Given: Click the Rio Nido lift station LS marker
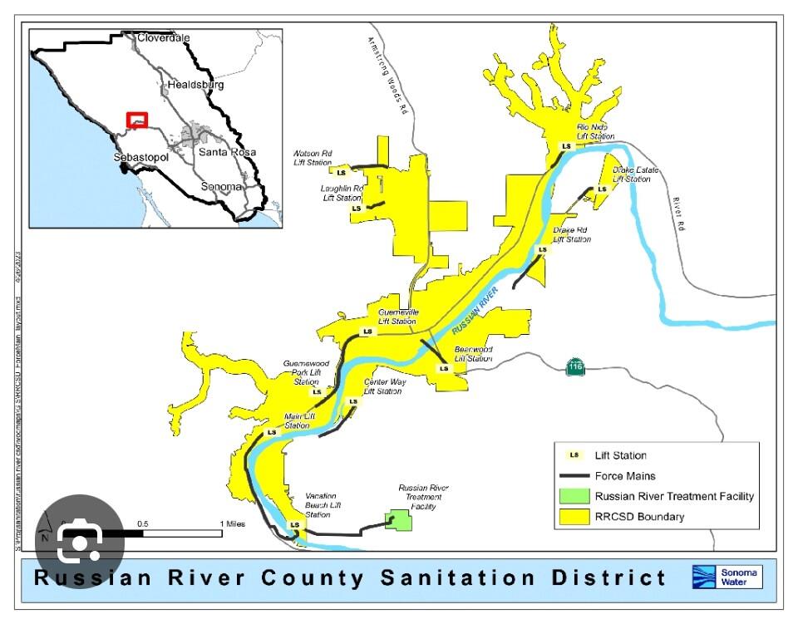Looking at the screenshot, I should click(x=567, y=146).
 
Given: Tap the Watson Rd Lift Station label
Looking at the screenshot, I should click(x=313, y=158).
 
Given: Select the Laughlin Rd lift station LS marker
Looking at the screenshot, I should click(x=356, y=208).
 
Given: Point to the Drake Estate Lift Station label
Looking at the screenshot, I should click(x=636, y=174).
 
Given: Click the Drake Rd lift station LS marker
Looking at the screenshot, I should click(x=543, y=249).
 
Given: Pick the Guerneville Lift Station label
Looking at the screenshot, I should click(x=397, y=317).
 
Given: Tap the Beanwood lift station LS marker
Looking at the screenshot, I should click(x=444, y=368).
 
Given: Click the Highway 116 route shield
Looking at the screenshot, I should click(x=574, y=366).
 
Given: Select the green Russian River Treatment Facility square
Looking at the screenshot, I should click(x=400, y=520).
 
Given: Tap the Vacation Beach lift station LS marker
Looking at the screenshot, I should click(x=294, y=525).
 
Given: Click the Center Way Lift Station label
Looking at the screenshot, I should click(x=384, y=386).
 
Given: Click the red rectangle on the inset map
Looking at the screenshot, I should click(x=136, y=120).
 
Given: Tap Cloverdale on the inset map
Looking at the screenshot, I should click(x=164, y=38).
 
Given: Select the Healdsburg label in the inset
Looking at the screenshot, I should click(x=195, y=85).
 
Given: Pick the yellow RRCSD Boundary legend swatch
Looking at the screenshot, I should click(x=574, y=517).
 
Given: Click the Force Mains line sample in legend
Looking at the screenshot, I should click(x=574, y=476).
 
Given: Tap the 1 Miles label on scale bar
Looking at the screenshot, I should click(x=233, y=523).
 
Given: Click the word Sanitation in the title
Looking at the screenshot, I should click(x=459, y=577).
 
